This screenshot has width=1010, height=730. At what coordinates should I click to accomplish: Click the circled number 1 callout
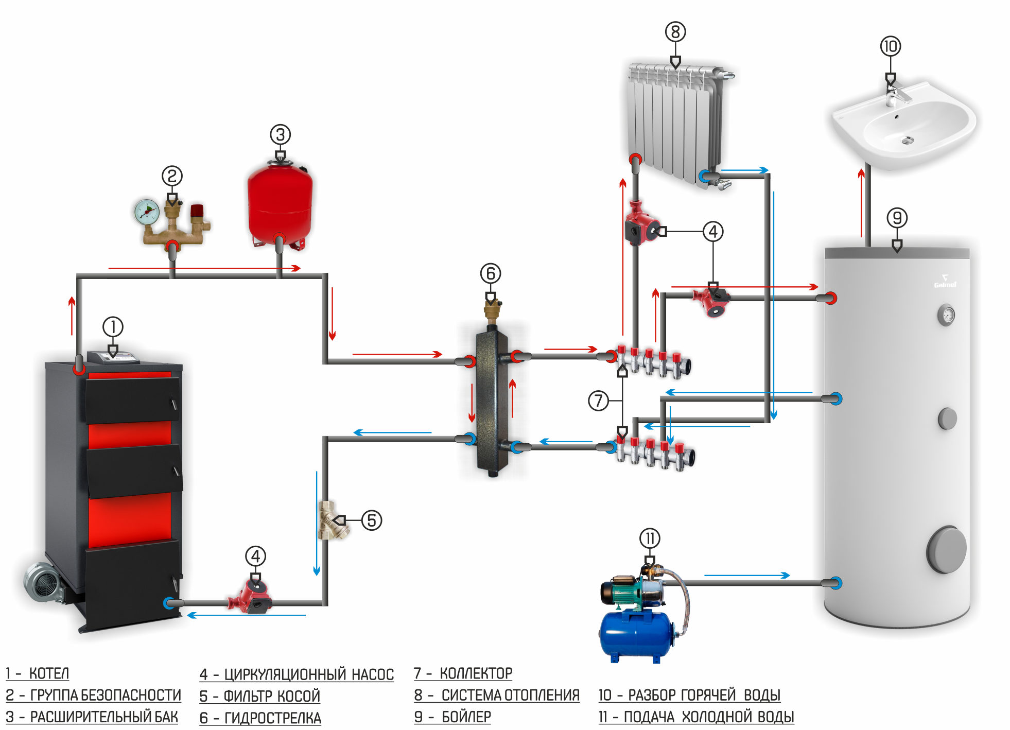113,326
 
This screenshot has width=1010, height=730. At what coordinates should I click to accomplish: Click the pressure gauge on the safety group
147,212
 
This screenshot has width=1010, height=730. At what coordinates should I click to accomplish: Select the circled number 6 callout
490,273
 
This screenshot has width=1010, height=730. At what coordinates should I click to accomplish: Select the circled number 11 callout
650,538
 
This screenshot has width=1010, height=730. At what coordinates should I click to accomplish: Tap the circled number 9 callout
897,218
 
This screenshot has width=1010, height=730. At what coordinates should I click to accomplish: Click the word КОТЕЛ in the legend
49,673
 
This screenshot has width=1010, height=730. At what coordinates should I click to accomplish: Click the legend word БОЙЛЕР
466,717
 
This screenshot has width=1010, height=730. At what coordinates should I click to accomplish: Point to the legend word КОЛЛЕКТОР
476,673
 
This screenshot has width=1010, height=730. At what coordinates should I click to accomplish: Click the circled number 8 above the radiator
675,32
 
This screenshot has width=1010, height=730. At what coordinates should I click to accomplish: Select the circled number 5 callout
371,520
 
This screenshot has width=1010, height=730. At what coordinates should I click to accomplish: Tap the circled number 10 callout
890,46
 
